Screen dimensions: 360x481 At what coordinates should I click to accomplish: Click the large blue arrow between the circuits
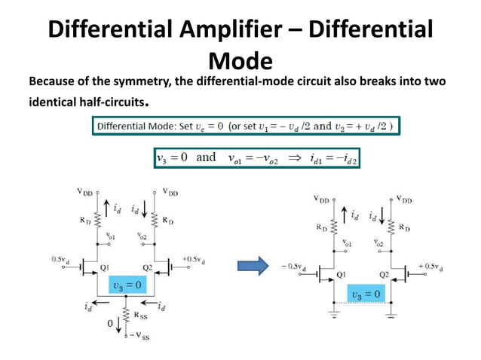tap(253, 264)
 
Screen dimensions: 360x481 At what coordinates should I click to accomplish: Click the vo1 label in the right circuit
tap(347, 243)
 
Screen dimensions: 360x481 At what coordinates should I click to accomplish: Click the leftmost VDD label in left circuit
tap(84, 191)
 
